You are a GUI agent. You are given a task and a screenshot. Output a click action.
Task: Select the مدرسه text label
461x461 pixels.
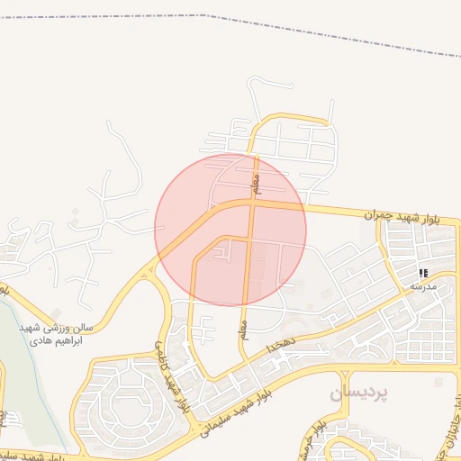(423, 285)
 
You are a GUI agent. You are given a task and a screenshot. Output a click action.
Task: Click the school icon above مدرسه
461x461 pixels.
(423, 272)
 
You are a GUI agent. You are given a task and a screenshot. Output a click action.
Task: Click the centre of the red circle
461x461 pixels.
(230, 230)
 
